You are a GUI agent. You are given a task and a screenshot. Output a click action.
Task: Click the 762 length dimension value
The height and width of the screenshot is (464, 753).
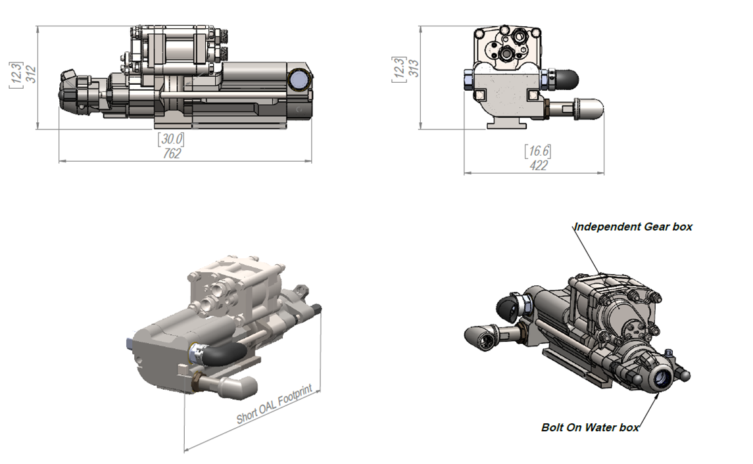pyautogui.click(x=172, y=154)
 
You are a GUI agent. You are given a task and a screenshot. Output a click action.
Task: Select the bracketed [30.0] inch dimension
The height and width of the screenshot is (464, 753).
pyautogui.click(x=171, y=139)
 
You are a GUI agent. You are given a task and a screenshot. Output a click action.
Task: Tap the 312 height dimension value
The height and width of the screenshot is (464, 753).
pyautogui.click(x=31, y=74)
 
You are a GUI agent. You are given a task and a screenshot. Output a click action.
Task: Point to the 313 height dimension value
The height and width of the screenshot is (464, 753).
pyautogui.click(x=414, y=68)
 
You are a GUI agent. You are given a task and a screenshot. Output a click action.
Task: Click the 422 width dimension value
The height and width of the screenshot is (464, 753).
pyautogui.click(x=539, y=166)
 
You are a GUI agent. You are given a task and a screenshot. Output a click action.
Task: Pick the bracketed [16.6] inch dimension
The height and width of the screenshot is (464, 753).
pyautogui.click(x=538, y=151)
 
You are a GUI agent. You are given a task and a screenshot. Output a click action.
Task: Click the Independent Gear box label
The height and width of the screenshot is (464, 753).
pyautogui.click(x=633, y=227)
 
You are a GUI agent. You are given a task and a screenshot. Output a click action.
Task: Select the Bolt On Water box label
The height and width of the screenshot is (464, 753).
pyautogui.click(x=590, y=427)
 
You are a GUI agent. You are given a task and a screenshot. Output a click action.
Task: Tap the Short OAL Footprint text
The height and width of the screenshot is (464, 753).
pyautogui.click(x=275, y=404)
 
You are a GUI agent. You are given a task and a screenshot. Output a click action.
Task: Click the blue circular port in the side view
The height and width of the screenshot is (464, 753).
pyautogui.click(x=300, y=79)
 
